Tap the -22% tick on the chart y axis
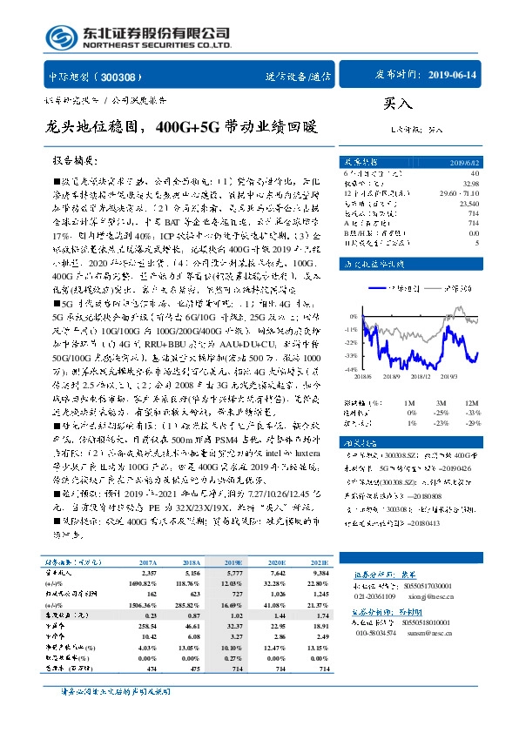[x=348, y=344]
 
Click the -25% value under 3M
[x=441, y=413]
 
